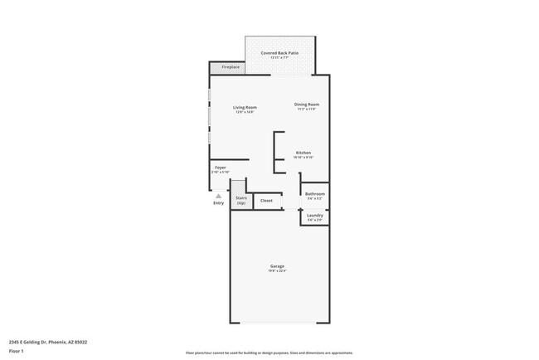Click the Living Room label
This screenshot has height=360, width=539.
(x=245, y=107)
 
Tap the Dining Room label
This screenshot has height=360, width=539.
(x=307, y=105)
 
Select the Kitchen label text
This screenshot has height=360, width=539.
(x=303, y=153)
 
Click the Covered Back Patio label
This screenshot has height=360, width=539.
(x=279, y=52)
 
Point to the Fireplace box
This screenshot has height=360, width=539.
(x=225, y=67)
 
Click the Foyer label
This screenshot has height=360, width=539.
(x=220, y=168)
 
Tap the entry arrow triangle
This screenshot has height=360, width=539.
(x=218, y=196)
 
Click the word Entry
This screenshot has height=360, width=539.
(x=218, y=202)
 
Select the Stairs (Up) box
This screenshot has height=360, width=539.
(x=241, y=200)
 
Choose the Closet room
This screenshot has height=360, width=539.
(x=266, y=201)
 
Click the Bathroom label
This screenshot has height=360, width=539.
(x=315, y=194)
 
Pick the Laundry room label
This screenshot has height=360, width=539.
(x=315, y=216)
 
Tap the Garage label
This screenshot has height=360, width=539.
(x=277, y=266)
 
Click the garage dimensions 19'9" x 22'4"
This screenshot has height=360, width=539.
(x=277, y=271)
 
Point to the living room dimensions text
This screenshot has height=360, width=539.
(x=245, y=112)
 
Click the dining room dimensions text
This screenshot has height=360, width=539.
(x=307, y=109)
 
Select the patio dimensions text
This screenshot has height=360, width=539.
(x=279, y=57)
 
